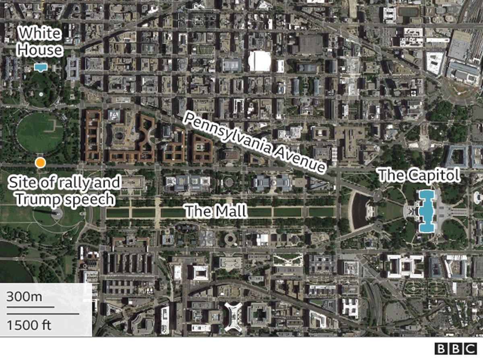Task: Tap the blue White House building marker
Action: pyautogui.click(x=39, y=67)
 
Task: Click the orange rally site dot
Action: pyautogui.click(x=40, y=163)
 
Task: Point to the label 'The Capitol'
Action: pyautogui.click(x=419, y=176)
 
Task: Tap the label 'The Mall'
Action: pyautogui.click(x=215, y=210)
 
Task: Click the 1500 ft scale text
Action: pyautogui.click(x=29, y=325)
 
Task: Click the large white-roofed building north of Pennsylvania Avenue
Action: pyautogui.click(x=260, y=61)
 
